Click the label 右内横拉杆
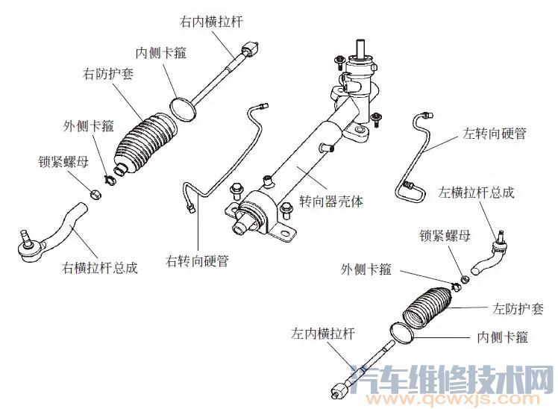(211, 22)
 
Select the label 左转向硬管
(495, 134)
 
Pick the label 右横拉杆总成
(100, 267)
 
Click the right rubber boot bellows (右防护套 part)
(145, 142)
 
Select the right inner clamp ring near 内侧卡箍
(183, 107)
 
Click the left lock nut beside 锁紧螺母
(462, 280)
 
